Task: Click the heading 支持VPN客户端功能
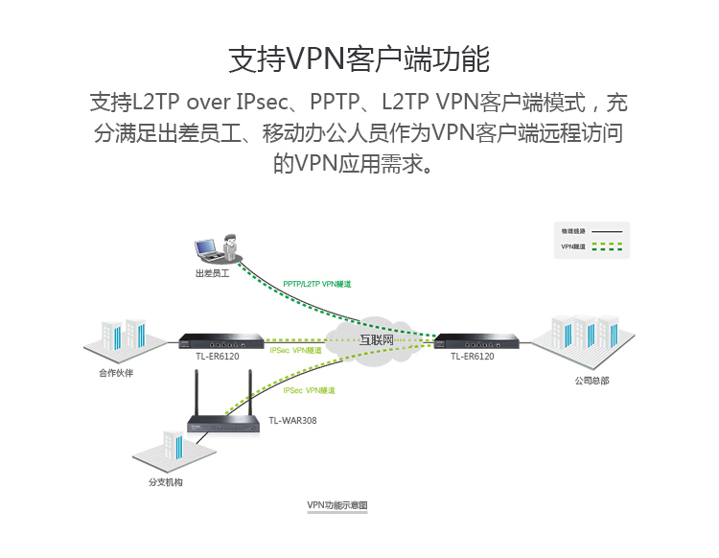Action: [x=359, y=58]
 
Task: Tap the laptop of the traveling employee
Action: [x=206, y=250]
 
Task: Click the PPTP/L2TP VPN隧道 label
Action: [x=316, y=285]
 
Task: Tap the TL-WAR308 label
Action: [x=292, y=420]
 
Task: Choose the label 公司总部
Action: [x=591, y=381]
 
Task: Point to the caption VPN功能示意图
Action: [x=336, y=504]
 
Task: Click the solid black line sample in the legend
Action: [x=607, y=232]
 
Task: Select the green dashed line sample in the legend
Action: [x=607, y=247]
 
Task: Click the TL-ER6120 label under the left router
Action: [x=218, y=357]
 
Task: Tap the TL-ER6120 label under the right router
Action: [x=473, y=357]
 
